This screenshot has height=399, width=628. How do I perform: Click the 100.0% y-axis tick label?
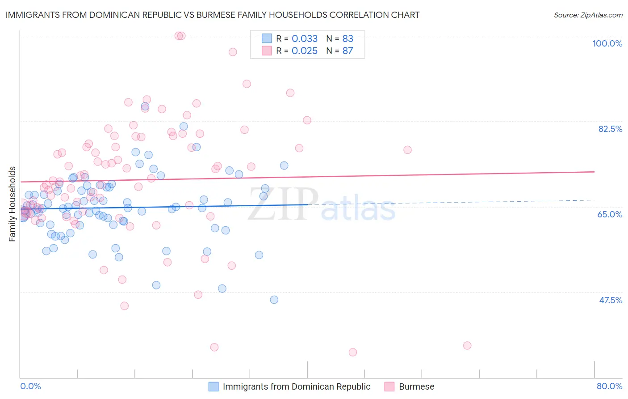[x=607, y=43]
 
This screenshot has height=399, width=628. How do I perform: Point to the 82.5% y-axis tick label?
[x=610, y=129]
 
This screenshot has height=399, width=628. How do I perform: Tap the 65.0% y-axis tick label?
[x=610, y=214]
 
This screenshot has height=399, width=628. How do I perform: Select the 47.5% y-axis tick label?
[x=611, y=300]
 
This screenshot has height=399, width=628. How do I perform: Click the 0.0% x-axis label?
[x=30, y=386]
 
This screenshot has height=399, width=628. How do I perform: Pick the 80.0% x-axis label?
[x=609, y=386]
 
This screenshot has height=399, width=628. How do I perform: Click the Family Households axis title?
[x=13, y=204]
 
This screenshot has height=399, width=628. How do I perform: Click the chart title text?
[x=213, y=15]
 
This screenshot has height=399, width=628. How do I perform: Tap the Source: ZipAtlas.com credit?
[x=588, y=15]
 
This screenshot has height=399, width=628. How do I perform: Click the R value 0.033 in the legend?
[x=305, y=38]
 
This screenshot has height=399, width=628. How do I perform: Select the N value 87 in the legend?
[x=347, y=51]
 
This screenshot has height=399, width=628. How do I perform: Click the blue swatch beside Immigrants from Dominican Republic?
[x=214, y=386]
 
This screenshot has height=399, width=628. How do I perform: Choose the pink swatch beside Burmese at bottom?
[x=389, y=386]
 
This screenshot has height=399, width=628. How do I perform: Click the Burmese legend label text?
[x=416, y=386]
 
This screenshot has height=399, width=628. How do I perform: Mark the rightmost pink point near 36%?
[x=467, y=345]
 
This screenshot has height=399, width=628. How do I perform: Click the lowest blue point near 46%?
[x=274, y=300]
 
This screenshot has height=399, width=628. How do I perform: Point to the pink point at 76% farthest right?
[x=407, y=150]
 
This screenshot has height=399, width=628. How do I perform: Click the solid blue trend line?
[x=179, y=206]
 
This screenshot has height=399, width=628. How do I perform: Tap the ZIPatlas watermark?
[x=322, y=205]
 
